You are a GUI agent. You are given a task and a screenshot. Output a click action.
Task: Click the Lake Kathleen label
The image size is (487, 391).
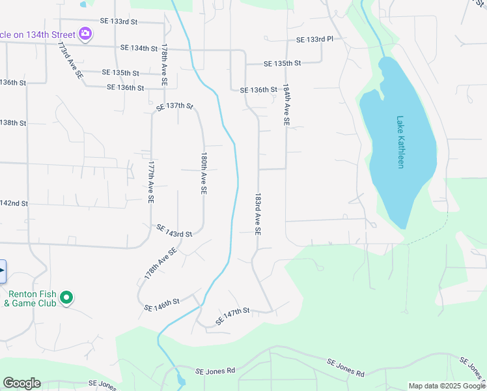pos(400,142)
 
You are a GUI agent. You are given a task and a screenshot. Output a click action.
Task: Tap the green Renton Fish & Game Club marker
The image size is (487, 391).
pos(66,298)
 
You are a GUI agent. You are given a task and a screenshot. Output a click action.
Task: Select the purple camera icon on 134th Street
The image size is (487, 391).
pos(85,33)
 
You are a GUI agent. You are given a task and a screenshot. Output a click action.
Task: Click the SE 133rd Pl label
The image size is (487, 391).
pos(314,40)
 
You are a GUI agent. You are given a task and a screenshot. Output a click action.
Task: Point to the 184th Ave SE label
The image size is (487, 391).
pos(286,104)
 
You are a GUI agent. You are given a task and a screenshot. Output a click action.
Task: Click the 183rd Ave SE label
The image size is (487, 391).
pos(258,214)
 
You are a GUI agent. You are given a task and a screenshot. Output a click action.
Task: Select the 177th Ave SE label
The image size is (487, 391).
pos(150,182)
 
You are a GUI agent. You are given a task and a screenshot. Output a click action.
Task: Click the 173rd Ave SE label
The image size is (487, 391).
pos(70,61)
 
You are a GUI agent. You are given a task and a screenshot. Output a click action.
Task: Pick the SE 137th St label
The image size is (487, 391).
pos(175,106)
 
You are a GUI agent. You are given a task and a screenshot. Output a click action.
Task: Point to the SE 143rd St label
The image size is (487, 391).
pos(174,231)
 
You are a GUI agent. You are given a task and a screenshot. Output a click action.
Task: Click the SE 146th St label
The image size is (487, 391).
pos(161,305)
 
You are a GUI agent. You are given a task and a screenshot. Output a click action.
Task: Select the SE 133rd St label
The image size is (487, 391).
pos(119,22)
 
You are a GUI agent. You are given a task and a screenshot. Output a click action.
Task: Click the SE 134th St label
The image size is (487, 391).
pos(139,48)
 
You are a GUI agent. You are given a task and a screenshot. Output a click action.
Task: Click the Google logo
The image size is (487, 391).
pos(21,383)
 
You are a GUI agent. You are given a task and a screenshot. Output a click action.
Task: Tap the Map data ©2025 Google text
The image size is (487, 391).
pos(447,386)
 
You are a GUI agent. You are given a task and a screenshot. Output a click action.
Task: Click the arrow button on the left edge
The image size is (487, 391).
pos(3,270)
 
